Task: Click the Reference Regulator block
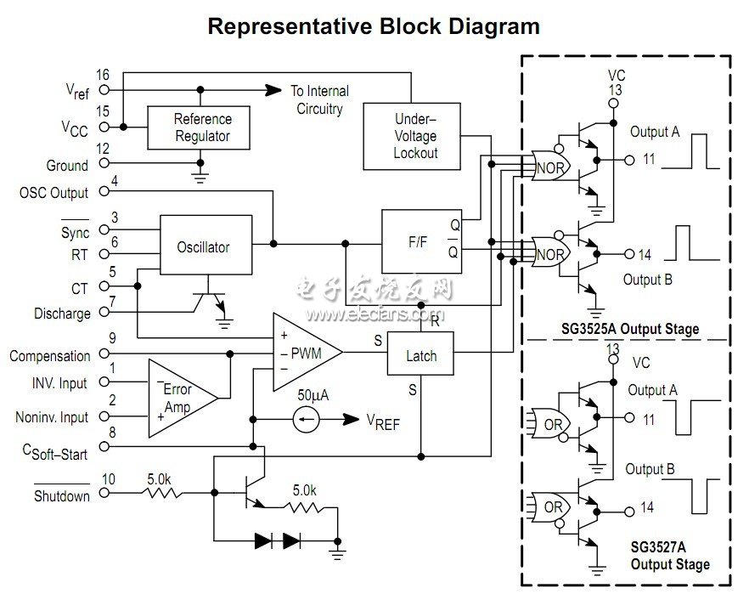[x=201, y=127]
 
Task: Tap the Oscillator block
[x=203, y=247]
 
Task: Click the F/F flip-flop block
[x=421, y=241]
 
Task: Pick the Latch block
[x=420, y=355]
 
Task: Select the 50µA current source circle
[x=307, y=418]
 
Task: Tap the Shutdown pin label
[x=61, y=495]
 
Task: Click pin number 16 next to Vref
[x=103, y=76]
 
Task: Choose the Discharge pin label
[x=62, y=314]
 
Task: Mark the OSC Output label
[x=53, y=193]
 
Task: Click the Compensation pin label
[x=49, y=356]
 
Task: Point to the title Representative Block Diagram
[x=374, y=26]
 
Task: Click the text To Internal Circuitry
[x=319, y=99]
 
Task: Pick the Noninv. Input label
[x=51, y=417]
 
